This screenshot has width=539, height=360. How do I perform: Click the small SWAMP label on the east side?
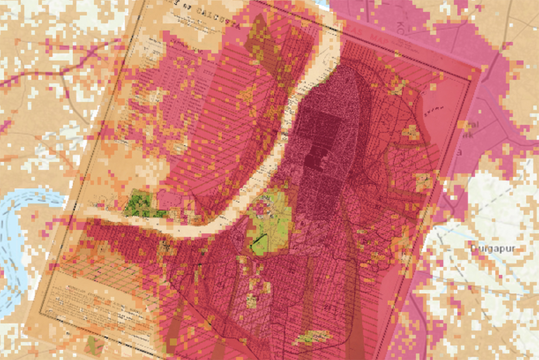point(435,108)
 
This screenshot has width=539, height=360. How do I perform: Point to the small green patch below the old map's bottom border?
point(93,344)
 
